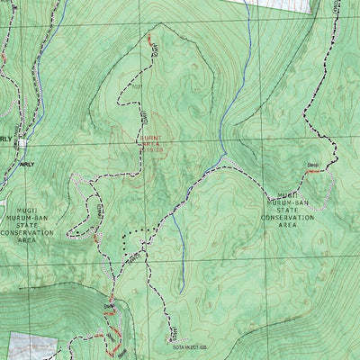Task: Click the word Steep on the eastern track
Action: click(313, 165)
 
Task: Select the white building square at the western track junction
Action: click(21, 142)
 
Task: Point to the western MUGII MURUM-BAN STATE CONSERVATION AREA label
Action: click(27, 220)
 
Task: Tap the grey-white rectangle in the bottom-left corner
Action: click(31, 346)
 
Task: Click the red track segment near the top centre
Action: click(149, 41)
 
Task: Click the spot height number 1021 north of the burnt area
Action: click(137, 87)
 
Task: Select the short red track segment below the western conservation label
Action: click(94, 238)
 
